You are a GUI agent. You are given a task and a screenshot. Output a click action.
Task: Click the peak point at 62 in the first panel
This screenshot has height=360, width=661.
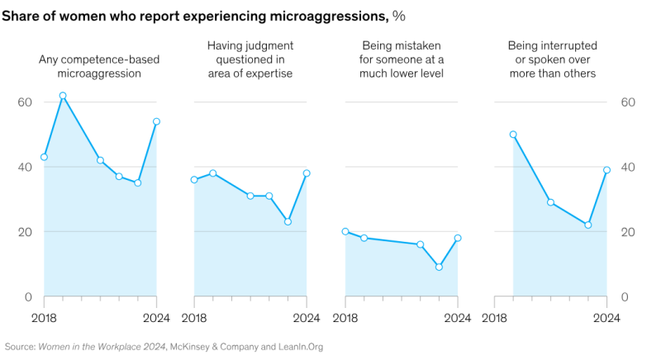click(x=63, y=96)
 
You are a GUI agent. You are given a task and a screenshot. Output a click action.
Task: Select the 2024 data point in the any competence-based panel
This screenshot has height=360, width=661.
click(x=156, y=121)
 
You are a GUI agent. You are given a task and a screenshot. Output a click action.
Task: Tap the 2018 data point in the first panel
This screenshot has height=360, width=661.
click(x=44, y=157)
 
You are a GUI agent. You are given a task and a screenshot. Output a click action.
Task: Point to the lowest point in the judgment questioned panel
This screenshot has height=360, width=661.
click(x=288, y=221)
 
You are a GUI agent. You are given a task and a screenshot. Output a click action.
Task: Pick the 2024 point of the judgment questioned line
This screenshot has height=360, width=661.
click(x=307, y=173)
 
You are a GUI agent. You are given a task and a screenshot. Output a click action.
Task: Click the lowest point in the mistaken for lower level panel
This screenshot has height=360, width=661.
click(x=439, y=267)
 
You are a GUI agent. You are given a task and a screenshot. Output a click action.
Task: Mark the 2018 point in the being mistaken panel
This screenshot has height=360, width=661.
click(x=345, y=232)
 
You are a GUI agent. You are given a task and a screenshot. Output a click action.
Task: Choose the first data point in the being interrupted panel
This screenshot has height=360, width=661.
click(x=513, y=135)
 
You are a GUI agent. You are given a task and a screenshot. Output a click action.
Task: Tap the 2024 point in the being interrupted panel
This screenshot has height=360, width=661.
click(x=607, y=170)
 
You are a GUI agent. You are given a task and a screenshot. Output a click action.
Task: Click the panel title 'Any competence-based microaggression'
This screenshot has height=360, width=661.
click(x=100, y=65)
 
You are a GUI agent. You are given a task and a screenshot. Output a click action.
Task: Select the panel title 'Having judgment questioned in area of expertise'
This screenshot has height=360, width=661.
click(x=250, y=59)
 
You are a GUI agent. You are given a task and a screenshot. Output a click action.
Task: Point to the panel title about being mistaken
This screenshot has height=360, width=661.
click(x=402, y=59)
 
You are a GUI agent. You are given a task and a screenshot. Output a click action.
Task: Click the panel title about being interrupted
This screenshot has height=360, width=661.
click(x=552, y=59)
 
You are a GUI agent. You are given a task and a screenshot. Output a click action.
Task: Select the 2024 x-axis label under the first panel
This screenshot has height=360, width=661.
click(x=155, y=317)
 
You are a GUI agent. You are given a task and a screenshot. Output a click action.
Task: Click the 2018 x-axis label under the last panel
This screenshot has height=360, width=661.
click(x=495, y=317)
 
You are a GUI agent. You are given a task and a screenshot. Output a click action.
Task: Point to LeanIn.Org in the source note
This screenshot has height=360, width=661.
click(x=298, y=348)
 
